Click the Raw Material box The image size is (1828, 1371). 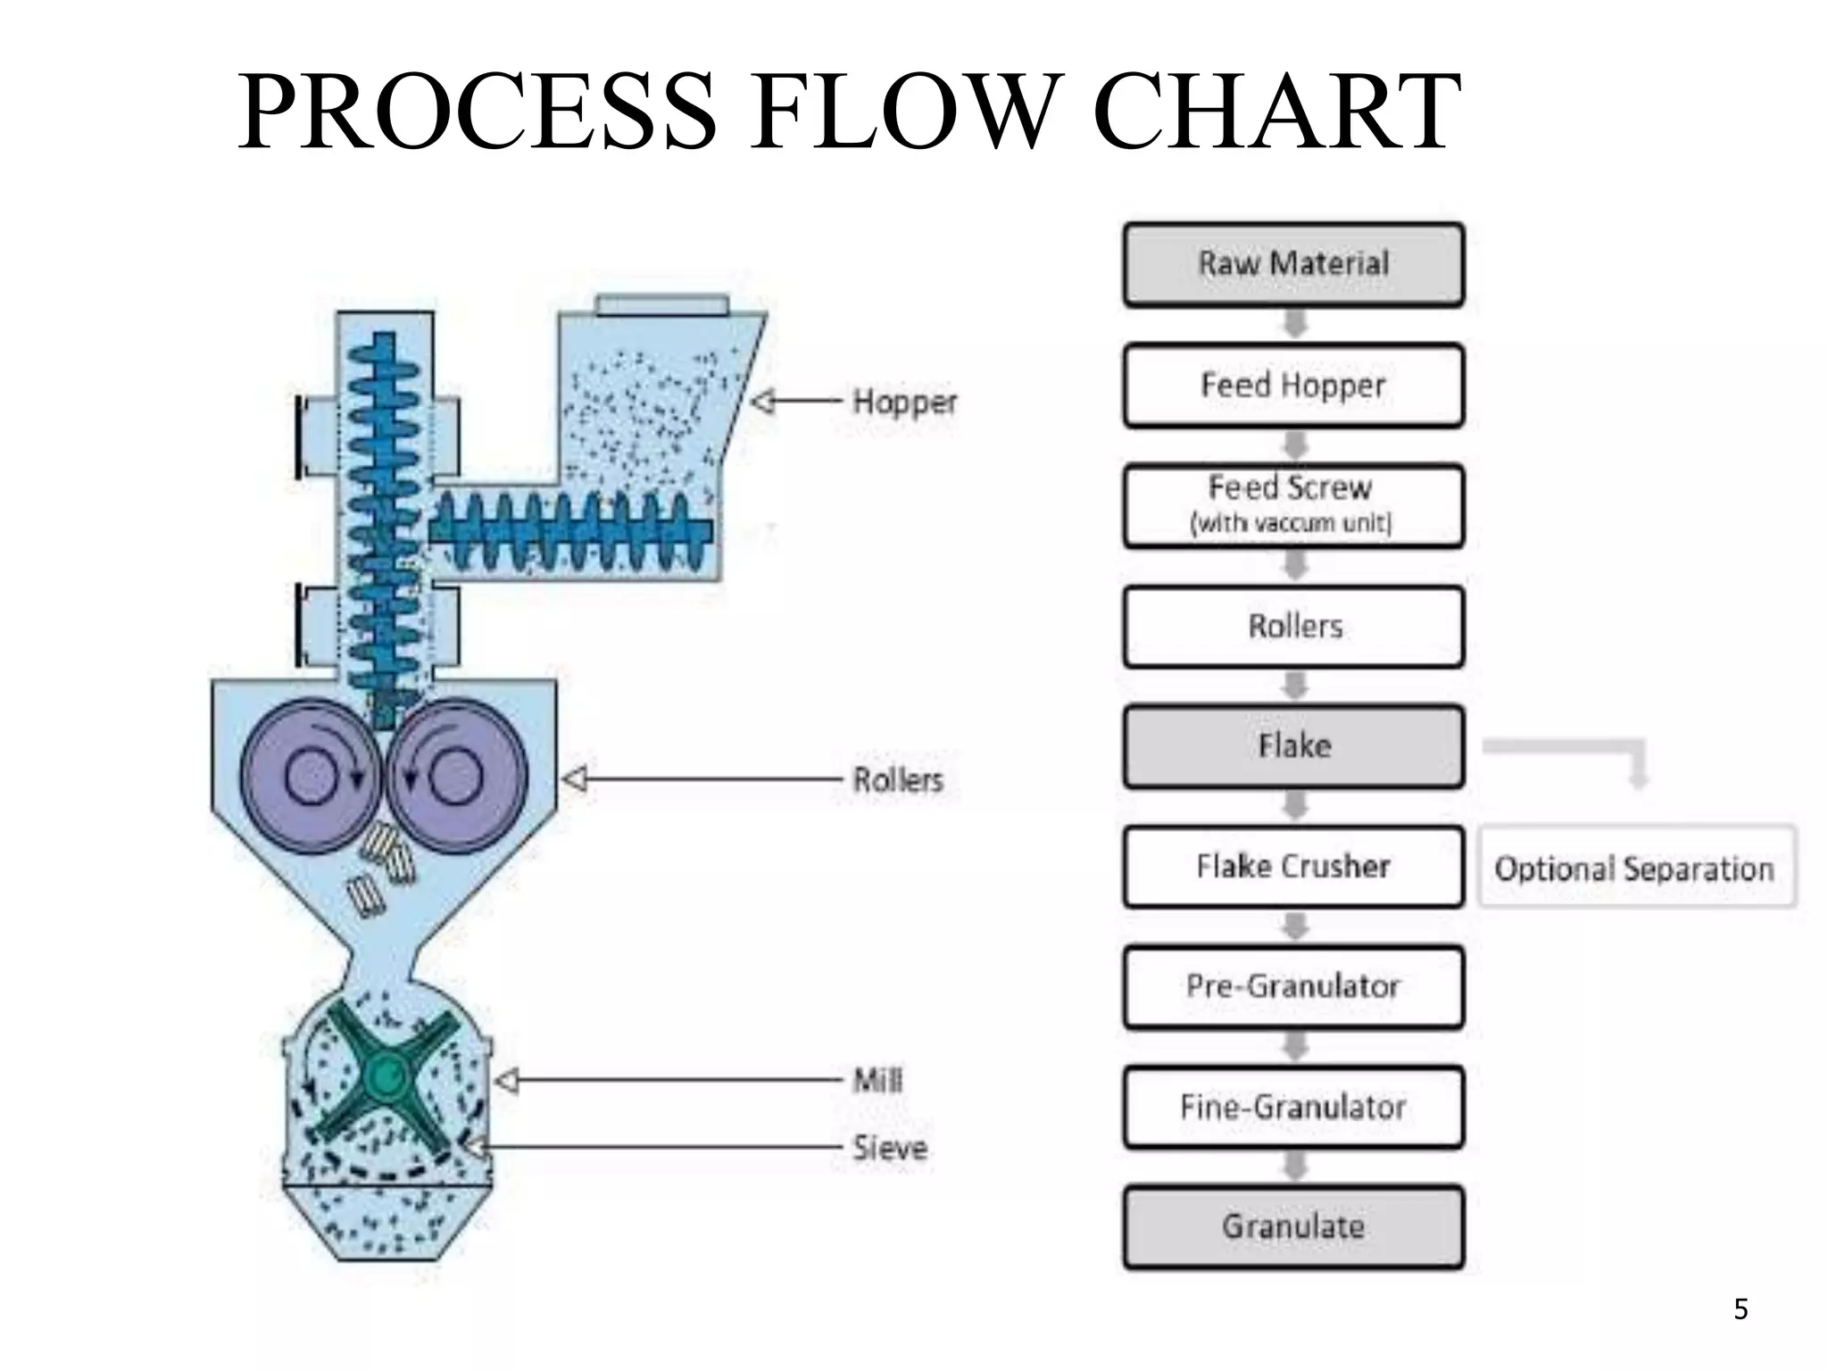click(1293, 265)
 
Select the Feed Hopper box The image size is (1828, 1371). click(1293, 386)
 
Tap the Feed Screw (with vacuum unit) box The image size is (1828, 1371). click(1293, 505)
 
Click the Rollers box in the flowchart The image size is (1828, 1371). click(1293, 627)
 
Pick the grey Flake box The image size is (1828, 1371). click(1293, 746)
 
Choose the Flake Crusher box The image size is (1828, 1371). click(1293, 867)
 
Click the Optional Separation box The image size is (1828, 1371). click(1635, 868)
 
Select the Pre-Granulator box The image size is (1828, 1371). click(1293, 987)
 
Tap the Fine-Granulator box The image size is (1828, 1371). click(1293, 1108)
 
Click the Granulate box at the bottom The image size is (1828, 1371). click(1293, 1227)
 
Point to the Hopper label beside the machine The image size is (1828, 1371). click(904, 403)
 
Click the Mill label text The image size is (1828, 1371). click(877, 1081)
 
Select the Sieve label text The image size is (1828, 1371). click(889, 1148)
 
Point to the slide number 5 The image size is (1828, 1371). click(1741, 1309)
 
